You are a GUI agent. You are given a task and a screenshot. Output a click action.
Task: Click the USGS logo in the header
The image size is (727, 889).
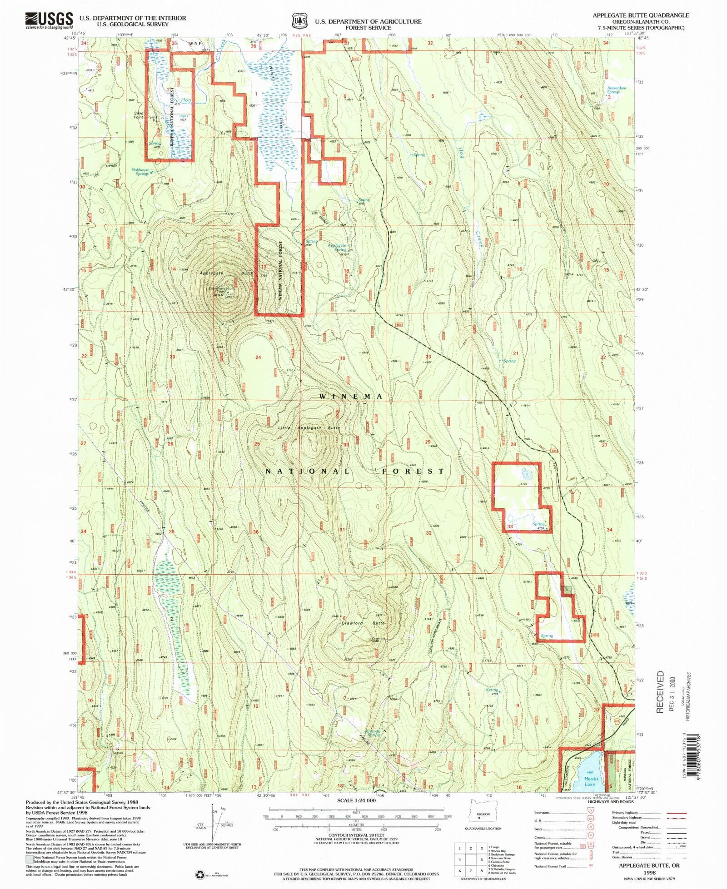(x=49, y=20)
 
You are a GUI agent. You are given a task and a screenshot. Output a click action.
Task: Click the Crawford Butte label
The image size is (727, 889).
(x=363, y=623)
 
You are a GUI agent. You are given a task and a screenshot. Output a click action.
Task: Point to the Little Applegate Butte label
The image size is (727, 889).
(x=309, y=428)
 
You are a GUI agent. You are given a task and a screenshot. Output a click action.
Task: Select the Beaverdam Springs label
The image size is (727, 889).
(x=616, y=90)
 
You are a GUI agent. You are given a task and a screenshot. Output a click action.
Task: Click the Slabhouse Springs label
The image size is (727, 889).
(x=140, y=172)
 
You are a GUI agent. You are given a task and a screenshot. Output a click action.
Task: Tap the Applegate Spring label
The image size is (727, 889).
(x=337, y=248)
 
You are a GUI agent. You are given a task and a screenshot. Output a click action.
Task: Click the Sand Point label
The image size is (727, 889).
(x=139, y=115)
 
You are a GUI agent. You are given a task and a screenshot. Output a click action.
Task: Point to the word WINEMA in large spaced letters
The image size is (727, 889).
(x=351, y=396)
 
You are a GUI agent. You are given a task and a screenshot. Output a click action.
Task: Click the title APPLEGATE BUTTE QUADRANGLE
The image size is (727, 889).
(x=640, y=15)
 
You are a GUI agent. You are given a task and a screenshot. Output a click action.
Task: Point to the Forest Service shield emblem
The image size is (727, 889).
(x=298, y=21)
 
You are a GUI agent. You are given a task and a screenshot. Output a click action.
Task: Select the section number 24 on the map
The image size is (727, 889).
(x=258, y=357)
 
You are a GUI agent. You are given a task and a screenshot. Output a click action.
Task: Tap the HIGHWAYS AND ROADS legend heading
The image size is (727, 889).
(x=610, y=802)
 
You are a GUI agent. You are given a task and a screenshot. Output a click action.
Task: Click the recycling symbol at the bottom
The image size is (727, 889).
(x=199, y=874)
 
